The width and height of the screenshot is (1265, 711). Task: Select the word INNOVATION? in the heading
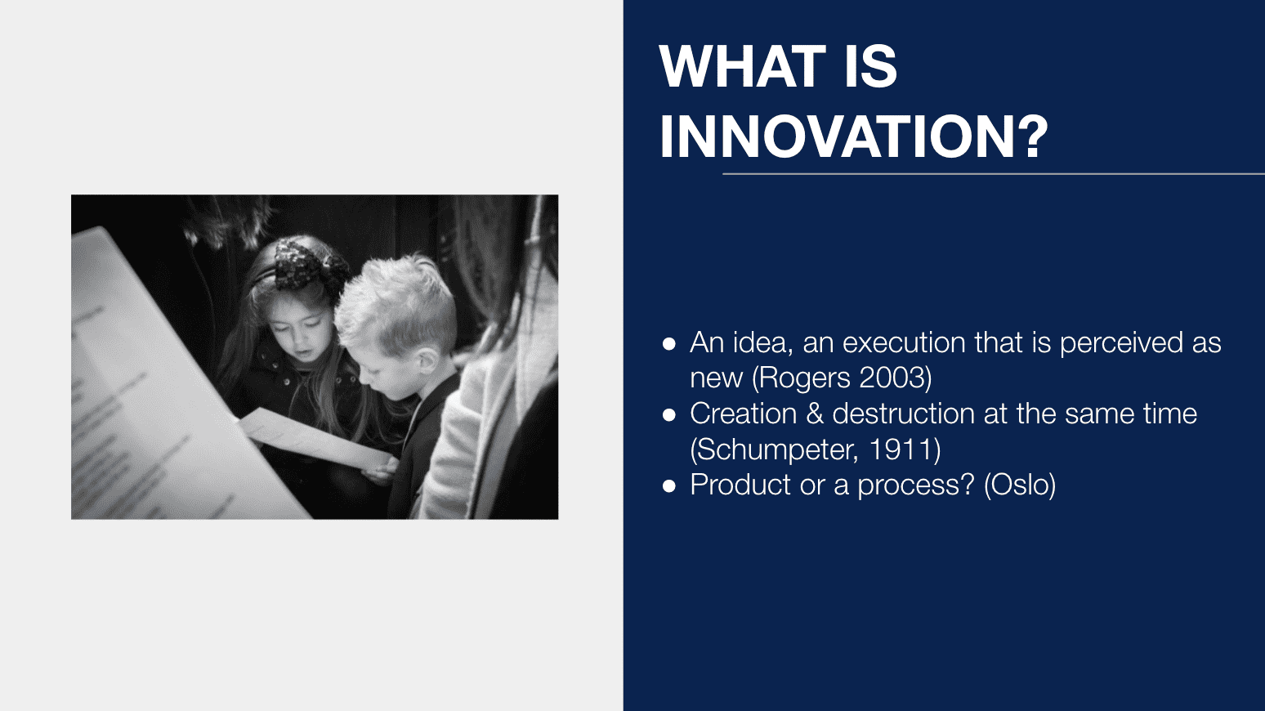point(854,136)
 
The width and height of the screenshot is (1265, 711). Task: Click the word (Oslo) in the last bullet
point(1020,485)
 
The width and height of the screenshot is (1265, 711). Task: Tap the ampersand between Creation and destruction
point(815,414)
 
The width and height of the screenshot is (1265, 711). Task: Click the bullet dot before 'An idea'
point(669,343)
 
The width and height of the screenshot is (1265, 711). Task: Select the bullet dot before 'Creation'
point(669,415)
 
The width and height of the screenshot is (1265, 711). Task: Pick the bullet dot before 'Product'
point(669,485)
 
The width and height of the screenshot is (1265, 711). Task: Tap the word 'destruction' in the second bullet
point(904,414)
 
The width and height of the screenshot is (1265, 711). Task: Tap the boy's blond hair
point(398,302)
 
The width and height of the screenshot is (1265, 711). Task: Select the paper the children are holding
point(316,438)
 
